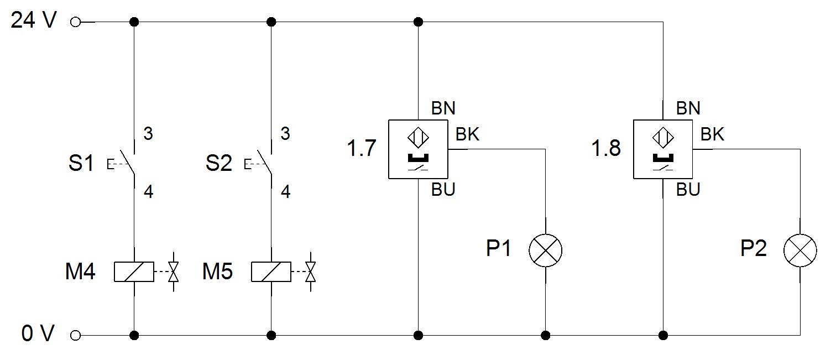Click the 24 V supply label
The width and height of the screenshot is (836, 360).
coord(34,22)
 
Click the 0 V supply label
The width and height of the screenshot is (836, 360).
coord(38,334)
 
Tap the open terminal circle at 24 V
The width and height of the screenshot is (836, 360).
coord(76,22)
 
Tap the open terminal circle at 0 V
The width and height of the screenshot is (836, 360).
coord(76,335)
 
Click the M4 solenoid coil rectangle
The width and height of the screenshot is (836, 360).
coord(134,272)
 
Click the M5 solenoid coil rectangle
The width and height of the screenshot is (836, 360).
coord(271,272)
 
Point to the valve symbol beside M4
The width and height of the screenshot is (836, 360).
coord(173,272)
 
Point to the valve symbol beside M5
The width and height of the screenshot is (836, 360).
coord(311,272)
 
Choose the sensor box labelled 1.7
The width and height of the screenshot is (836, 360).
coord(418,149)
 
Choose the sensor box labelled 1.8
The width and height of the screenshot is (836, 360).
coord(662,149)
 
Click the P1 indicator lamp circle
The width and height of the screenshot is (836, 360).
coord(545,251)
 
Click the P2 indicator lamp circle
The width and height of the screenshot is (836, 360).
coord(800,251)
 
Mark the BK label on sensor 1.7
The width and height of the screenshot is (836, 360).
coord(467,134)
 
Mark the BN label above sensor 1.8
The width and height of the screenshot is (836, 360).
coord(688,108)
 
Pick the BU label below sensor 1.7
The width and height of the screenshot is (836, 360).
coord(443,190)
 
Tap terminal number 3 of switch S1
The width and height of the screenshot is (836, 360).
coord(148,134)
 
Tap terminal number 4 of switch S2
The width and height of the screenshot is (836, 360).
coord(285,192)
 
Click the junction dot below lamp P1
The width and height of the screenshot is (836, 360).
coord(546,335)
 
